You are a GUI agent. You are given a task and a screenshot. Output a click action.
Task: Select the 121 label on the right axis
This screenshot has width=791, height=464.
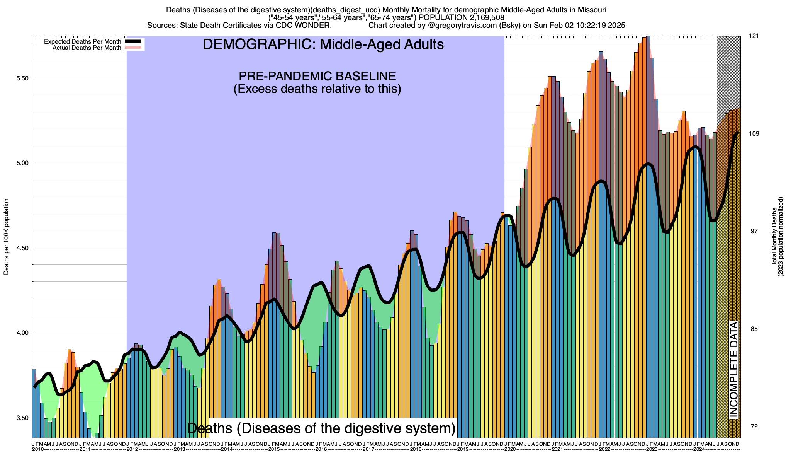tap(754, 36)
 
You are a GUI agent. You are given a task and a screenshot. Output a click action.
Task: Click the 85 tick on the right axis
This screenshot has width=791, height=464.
tap(754, 329)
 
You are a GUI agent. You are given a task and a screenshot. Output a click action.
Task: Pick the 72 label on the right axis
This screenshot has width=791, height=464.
tap(754, 426)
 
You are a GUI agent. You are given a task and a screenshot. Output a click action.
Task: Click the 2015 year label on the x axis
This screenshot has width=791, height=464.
tap(274, 449)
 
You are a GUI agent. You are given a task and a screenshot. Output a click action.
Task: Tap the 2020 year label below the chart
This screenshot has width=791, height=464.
tap(510, 449)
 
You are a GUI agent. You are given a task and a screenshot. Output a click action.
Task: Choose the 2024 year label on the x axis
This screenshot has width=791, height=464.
tap(699, 449)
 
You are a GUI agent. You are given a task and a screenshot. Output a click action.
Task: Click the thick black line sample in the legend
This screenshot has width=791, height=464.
tap(134, 41)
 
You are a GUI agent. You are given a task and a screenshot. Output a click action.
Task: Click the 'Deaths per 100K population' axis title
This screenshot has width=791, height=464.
tap(6, 237)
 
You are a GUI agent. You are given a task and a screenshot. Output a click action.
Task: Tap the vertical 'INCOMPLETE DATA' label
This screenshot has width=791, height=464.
tap(734, 369)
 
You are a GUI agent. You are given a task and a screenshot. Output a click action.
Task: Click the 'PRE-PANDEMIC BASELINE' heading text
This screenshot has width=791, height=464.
tap(317, 76)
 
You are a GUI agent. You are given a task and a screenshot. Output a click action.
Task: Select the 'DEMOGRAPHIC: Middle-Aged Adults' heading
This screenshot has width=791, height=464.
tap(323, 44)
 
